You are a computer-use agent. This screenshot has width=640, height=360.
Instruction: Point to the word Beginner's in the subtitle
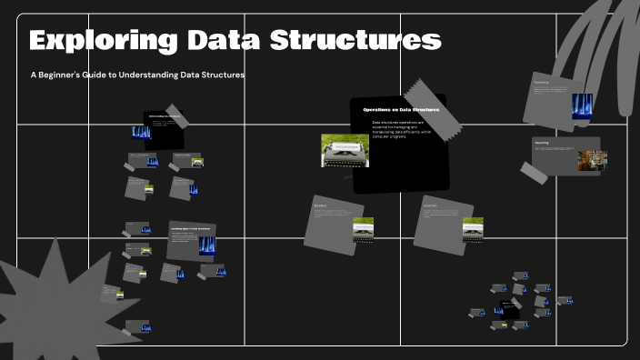[75, 75]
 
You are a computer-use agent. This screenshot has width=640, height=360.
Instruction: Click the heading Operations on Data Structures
[401, 110]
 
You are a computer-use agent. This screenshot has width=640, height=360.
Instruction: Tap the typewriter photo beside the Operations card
[345, 151]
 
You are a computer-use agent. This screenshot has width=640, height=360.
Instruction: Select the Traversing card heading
[541, 82]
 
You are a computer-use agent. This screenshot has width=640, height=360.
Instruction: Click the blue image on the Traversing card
[581, 104]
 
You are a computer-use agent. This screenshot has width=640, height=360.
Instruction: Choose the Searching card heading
[542, 143]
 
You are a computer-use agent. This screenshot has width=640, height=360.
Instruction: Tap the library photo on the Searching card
[592, 161]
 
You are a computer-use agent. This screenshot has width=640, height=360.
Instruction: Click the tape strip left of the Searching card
[535, 171]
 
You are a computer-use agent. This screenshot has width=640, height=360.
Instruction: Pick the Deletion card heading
[320, 206]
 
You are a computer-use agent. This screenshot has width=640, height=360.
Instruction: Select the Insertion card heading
[431, 206]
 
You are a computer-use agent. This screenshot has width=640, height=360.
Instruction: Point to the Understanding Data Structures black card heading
[165, 117]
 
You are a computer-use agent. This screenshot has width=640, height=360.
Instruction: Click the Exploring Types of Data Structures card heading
[191, 227]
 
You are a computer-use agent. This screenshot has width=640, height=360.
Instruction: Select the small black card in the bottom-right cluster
[510, 310]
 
